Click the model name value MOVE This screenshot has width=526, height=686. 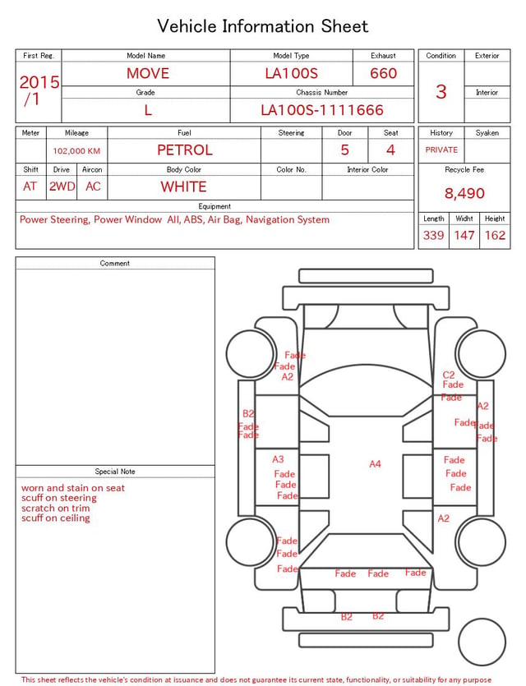(x=148, y=73)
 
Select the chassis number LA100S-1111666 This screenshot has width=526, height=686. (x=322, y=110)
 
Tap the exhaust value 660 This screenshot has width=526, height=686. (x=383, y=73)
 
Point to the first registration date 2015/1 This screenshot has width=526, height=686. (x=39, y=90)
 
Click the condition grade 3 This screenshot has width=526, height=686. (x=441, y=92)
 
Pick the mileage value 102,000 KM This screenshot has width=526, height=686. (x=76, y=151)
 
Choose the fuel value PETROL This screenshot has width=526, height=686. (x=185, y=150)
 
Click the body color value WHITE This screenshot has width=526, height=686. (x=183, y=186)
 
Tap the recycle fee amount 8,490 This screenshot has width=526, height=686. (x=464, y=193)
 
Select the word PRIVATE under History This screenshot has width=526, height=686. (x=441, y=150)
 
